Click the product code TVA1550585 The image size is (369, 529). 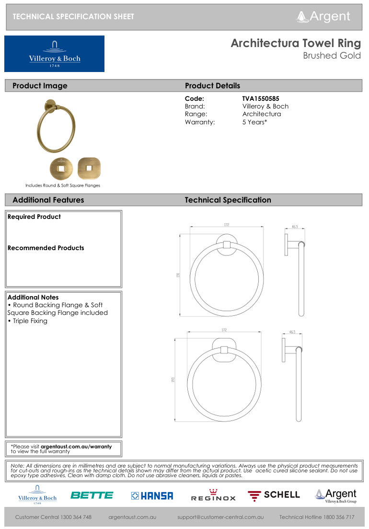point(261,98)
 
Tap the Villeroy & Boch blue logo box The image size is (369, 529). point(54,54)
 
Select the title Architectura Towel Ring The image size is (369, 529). point(296,43)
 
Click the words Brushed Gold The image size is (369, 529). point(332,56)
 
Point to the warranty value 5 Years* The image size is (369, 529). point(254,122)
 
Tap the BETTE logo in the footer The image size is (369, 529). point(92,495)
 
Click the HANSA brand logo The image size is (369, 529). point(152,495)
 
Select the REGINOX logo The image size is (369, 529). point(213,495)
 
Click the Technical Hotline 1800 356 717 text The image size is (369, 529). point(317,517)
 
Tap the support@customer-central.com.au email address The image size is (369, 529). point(220,517)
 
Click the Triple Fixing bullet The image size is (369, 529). point(29,321)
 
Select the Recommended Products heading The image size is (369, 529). point(46,248)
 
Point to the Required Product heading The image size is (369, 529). point(34,216)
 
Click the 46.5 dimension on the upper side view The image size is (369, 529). point(295,227)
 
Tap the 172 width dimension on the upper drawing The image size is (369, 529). point(226,225)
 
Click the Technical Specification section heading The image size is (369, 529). point(228,200)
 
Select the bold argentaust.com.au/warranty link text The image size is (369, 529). point(76,446)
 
